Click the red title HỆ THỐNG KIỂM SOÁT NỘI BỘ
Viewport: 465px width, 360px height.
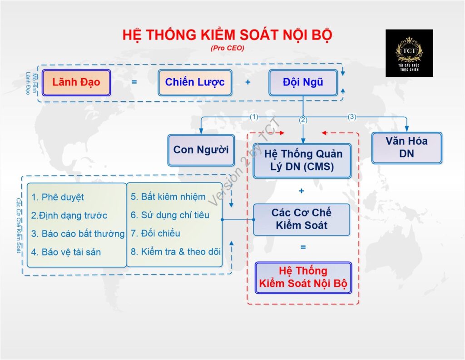227,35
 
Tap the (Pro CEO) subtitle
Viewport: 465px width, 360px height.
228,48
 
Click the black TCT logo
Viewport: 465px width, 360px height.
409,53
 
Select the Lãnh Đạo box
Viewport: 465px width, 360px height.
76,83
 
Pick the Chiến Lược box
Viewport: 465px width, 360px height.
195,83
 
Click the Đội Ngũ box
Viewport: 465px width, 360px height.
303,83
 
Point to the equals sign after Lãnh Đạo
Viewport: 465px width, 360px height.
134,82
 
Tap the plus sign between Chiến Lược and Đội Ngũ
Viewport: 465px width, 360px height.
248,82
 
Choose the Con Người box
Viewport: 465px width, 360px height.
201,150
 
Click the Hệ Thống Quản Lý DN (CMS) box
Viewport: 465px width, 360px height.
302,160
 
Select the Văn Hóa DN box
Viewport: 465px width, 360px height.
406,148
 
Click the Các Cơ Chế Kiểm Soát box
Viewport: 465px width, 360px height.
302,220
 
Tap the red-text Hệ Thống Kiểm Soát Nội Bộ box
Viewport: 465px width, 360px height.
303,277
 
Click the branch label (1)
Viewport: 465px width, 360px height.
254,117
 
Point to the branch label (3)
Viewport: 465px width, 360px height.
352,117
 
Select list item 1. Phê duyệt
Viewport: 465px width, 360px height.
58,197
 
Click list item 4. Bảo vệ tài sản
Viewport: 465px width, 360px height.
66,252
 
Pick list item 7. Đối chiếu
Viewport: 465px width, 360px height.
155,233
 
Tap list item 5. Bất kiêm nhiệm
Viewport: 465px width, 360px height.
168,197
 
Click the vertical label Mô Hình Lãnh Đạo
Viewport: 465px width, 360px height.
31,84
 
